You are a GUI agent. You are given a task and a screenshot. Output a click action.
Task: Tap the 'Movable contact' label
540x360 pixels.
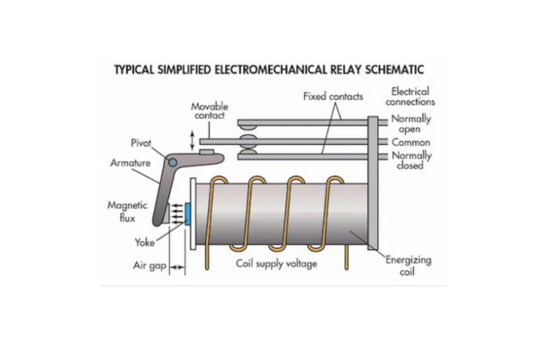coord(210,112)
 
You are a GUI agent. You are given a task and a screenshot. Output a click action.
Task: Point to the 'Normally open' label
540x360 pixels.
coord(412,123)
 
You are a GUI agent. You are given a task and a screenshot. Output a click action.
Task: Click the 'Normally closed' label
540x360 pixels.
coord(412,159)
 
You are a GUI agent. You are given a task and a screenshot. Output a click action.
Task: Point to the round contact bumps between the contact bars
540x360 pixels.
coord(249,141)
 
